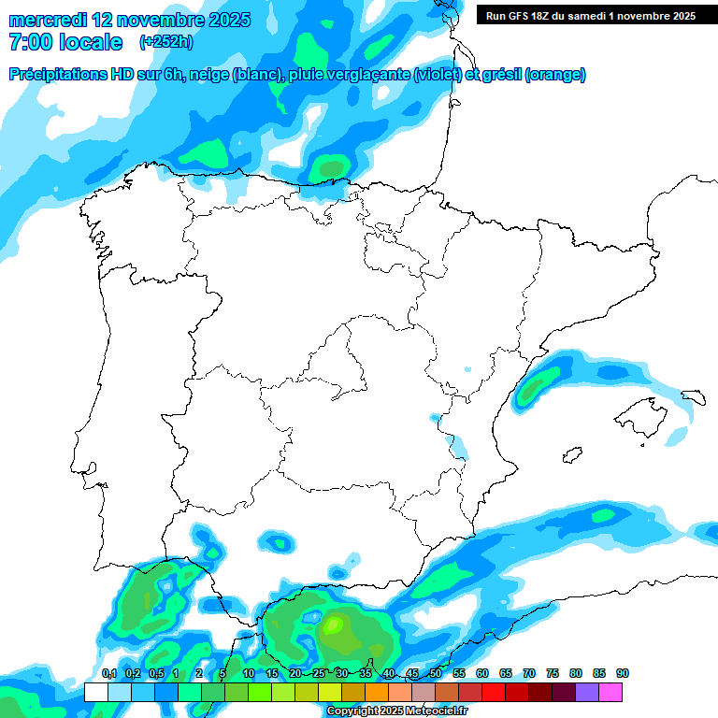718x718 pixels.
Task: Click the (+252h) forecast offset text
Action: pyautogui.click(x=165, y=42)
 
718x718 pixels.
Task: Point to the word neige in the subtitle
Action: pyautogui.click(x=214, y=75)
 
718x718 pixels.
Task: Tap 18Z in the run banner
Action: pyautogui.click(x=550, y=15)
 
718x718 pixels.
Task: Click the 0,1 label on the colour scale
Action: pyautogui.click(x=108, y=673)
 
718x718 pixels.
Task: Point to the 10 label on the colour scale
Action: pyautogui.click(x=248, y=673)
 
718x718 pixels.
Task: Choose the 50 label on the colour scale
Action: pyautogui.click(x=435, y=673)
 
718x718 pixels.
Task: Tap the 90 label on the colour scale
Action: pyautogui.click(x=622, y=673)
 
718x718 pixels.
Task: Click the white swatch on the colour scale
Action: pyautogui.click(x=95, y=692)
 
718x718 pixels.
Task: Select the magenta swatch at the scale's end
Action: pyautogui.click(x=610, y=692)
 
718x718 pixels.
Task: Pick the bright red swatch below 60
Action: pyautogui.click(x=494, y=692)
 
